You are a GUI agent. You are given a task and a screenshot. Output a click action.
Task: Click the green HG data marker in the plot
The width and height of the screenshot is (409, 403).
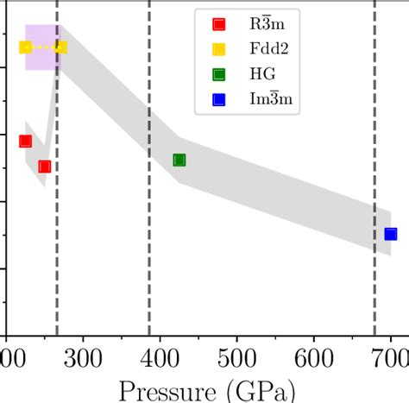179,160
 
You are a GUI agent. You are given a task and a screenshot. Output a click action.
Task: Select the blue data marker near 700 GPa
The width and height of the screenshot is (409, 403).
390,234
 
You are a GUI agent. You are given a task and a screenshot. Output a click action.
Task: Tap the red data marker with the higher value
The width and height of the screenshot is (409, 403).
25,141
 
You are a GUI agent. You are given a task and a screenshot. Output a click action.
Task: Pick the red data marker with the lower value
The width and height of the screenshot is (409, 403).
45,167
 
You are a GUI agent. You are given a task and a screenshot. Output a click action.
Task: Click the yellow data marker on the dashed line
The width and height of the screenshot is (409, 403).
60,47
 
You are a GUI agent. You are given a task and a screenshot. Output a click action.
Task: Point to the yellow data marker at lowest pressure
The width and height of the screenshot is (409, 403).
25,47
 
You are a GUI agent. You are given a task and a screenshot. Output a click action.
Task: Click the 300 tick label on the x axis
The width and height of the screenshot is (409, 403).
83,358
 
